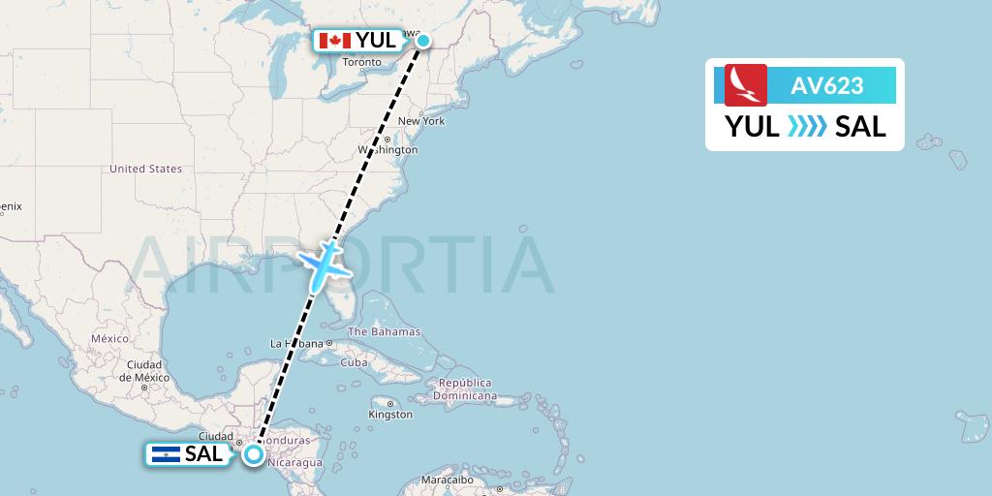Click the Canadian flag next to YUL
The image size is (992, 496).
click(334, 41)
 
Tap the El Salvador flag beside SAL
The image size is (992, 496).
click(166, 453)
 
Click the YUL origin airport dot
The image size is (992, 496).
click(423, 41)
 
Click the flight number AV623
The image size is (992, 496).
click(826, 85)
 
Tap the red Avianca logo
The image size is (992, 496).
click(746, 84)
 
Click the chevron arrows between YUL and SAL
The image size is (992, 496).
click(807, 127)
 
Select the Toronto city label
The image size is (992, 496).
click(362, 63)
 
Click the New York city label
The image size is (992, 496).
click(421, 121)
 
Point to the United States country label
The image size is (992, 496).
click(145, 169)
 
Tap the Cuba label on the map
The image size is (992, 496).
click(354, 362)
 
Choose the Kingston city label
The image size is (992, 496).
click(390, 415)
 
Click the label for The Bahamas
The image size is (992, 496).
click(384, 332)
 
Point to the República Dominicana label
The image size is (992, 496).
click(466, 389)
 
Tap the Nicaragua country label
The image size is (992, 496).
click(296, 463)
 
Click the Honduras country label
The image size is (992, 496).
click(286, 440)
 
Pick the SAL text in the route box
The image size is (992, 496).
click(860, 127)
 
